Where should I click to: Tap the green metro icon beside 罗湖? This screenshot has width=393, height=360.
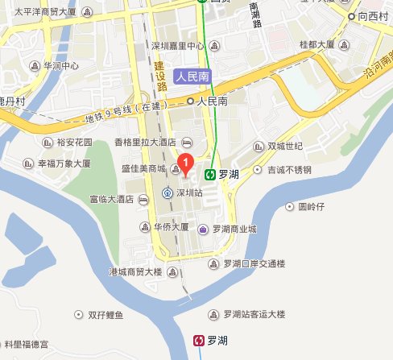tap(210, 172)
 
